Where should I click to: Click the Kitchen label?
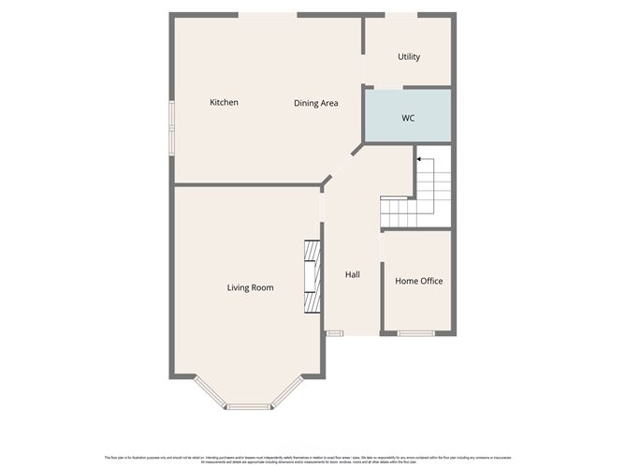[224, 103]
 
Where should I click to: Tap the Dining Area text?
[315, 103]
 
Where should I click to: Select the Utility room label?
[409, 57]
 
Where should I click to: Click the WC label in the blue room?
[408, 119]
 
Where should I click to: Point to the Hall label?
[353, 274]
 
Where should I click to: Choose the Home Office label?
[418, 281]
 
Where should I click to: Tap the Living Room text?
[250, 287]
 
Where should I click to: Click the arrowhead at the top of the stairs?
[419, 161]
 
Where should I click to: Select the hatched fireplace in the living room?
[312, 277]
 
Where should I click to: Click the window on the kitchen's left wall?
[171, 126]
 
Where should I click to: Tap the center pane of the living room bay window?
[248, 406]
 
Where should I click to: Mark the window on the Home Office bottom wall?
[416, 333]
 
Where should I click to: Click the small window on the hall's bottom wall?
[334, 333]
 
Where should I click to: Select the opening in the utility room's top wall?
[401, 14]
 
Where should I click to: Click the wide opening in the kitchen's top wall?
[268, 14]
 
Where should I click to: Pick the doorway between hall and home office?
[382, 244]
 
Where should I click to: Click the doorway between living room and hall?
[322, 205]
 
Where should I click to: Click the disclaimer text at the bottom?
[312, 457]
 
